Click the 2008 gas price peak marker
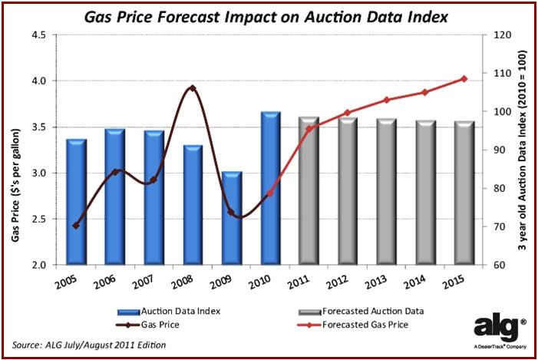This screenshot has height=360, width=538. [192, 88]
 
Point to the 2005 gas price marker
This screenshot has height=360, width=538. [76, 226]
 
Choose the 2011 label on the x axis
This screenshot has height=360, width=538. [300, 283]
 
